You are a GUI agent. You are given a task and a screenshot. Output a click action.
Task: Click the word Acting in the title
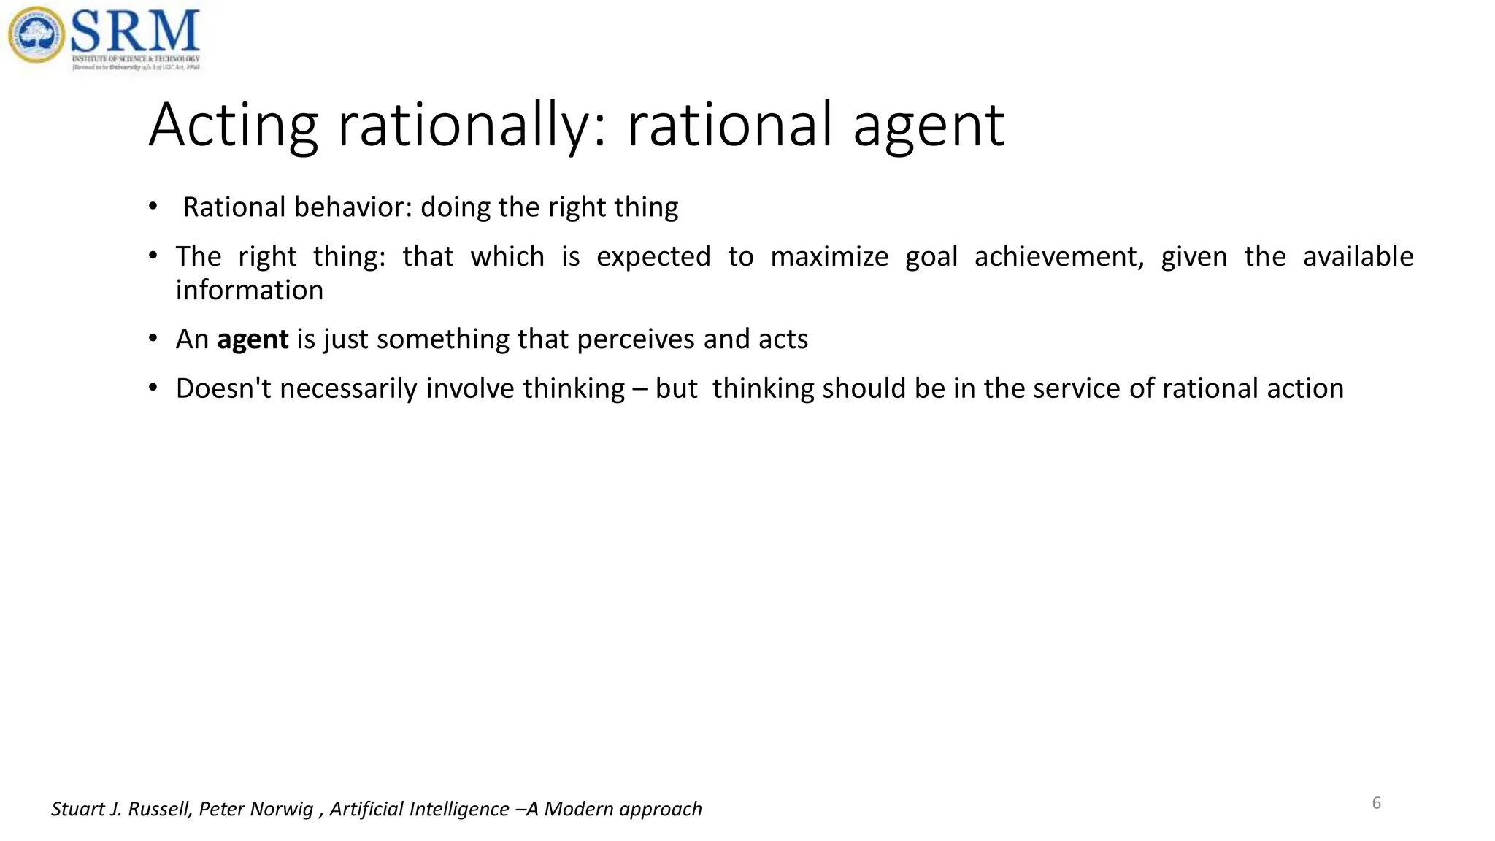pos(233,126)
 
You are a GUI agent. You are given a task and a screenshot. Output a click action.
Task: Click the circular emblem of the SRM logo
pos(36,34)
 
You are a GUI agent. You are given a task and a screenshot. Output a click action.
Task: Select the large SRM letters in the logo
pos(135,31)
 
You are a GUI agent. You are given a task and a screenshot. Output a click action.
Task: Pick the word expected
pos(653,257)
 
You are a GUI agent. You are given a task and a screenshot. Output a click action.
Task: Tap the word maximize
pos(829,257)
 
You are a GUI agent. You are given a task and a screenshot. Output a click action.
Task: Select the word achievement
pos(1059,257)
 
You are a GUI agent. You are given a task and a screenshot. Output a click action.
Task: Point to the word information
pos(250,291)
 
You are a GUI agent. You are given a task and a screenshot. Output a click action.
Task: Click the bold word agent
pos(253,340)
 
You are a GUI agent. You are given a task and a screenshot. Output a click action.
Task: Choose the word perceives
pos(635,339)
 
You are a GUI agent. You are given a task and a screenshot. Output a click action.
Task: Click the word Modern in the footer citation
pos(579,809)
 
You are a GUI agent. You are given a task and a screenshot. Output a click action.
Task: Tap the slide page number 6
pos(1377,803)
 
